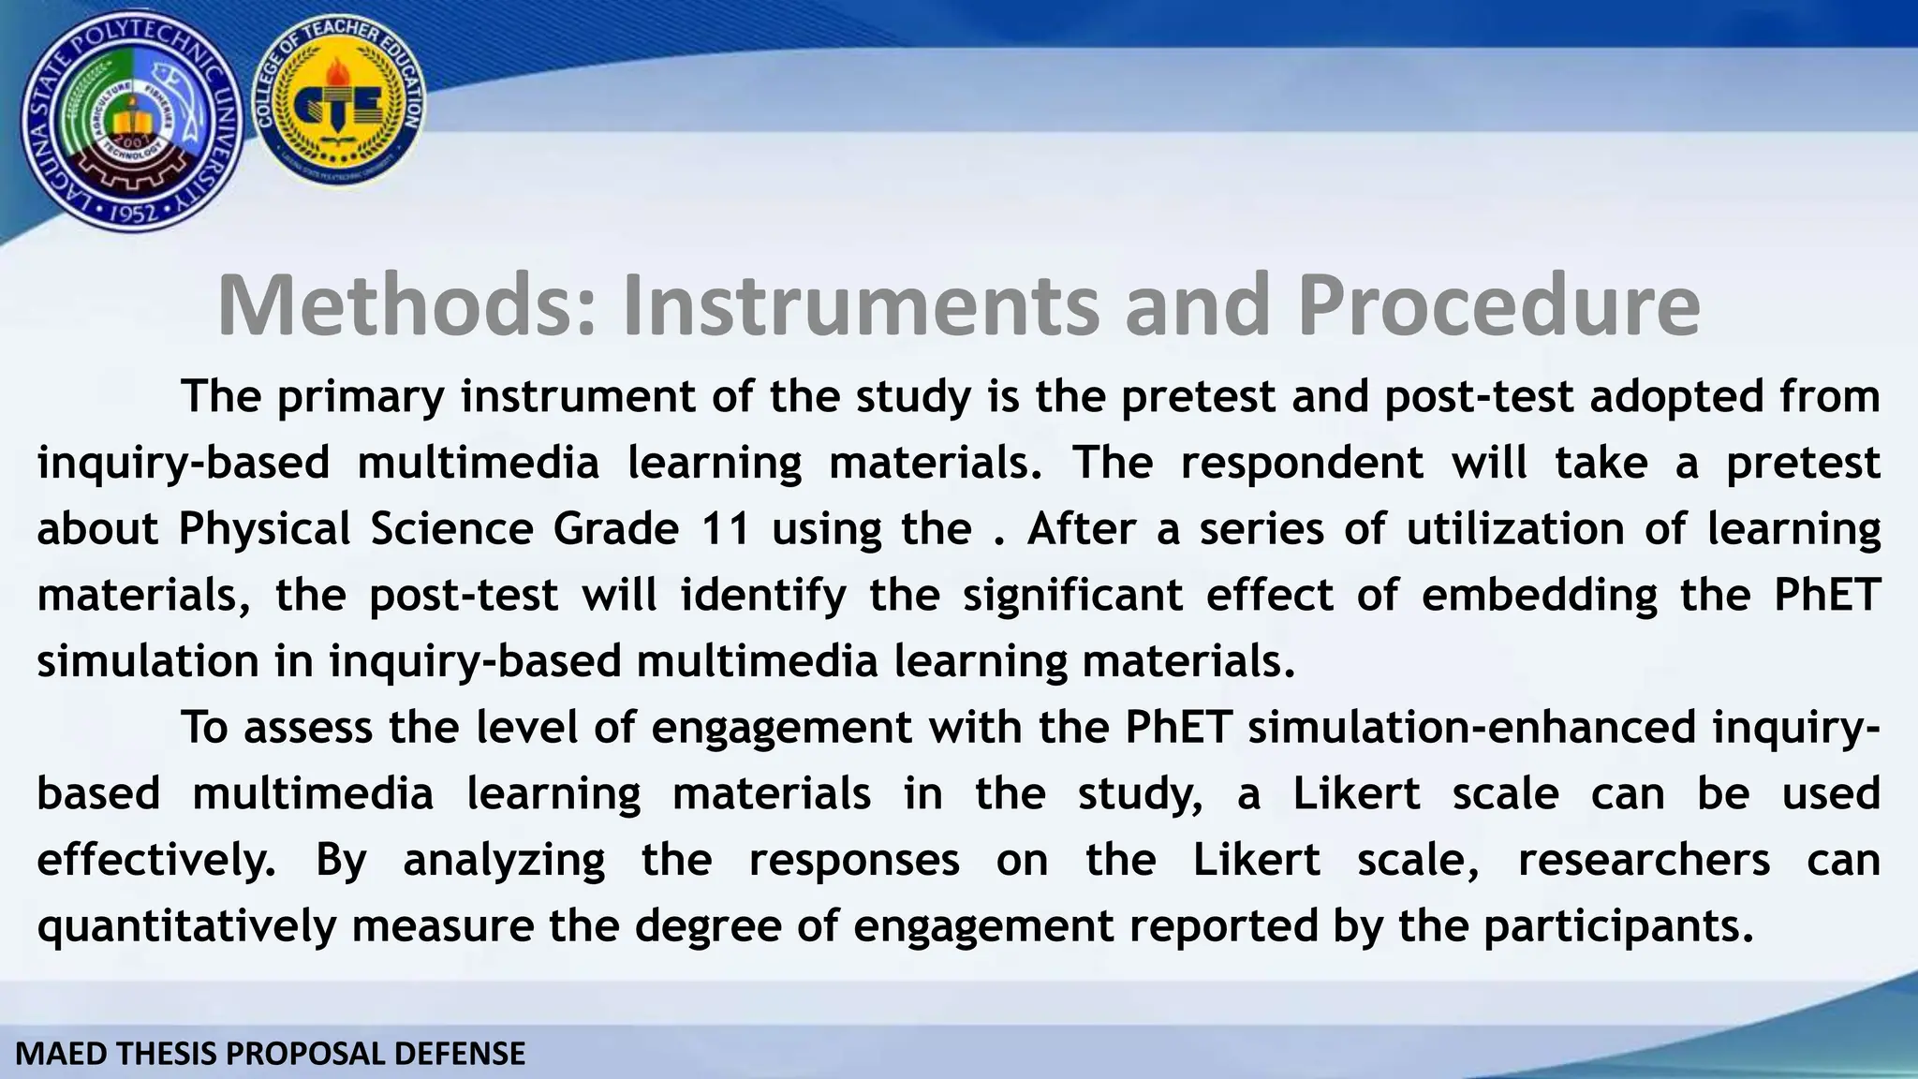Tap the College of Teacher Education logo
(340, 106)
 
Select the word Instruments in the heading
(859, 305)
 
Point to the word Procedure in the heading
(1498, 305)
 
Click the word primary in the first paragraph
(360, 397)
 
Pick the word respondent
(1302, 464)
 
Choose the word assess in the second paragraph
(309, 728)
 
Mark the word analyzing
(504, 860)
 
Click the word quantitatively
(186, 926)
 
